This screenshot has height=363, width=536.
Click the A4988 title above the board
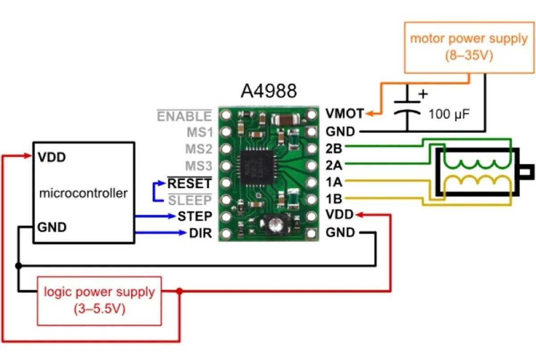coord(269,91)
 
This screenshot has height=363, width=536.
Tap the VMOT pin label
coord(344,114)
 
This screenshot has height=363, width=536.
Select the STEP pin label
coord(195,216)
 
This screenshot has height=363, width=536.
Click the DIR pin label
coord(201,233)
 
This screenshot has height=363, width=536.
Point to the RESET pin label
coord(189,183)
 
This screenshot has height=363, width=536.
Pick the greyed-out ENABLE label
coord(184,116)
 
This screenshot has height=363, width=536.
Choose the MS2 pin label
coord(199,149)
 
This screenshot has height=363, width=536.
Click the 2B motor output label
coord(334,148)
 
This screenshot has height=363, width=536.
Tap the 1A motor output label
coord(334,182)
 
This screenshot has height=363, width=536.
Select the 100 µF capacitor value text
coord(449,114)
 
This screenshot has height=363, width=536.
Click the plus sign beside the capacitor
coord(423,94)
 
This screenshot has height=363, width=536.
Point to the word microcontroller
coord(83,193)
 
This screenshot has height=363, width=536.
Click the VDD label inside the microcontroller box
coord(52,157)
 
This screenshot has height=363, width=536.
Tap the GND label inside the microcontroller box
coord(52,227)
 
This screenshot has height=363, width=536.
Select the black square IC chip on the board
coord(257,167)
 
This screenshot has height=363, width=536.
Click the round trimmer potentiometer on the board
coord(276,225)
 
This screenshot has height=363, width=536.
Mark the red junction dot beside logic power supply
coord(180,291)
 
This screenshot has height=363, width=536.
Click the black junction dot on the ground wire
coord(18,265)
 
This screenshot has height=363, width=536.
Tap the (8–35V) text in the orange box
coord(469,55)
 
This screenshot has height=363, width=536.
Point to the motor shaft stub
coord(527,172)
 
